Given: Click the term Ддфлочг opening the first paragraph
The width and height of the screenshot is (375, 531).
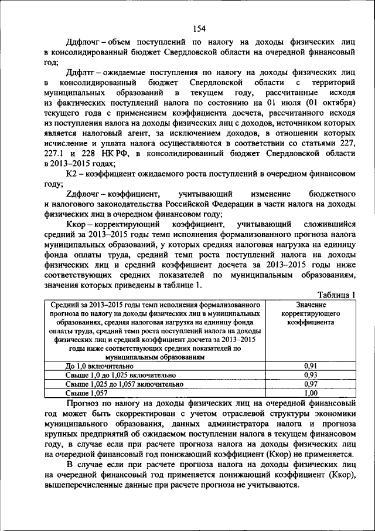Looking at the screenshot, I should pos(84,43).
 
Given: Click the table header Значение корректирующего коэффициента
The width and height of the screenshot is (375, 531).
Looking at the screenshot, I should pos(311,314).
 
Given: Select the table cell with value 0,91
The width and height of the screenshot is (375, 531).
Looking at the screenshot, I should pos(311,366).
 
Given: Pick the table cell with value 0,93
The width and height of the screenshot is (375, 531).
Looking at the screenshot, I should pos(311,374).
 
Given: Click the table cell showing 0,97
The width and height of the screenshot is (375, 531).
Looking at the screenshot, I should pos(311,383).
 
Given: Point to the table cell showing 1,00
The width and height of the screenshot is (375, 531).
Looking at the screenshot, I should pos(311,393).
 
